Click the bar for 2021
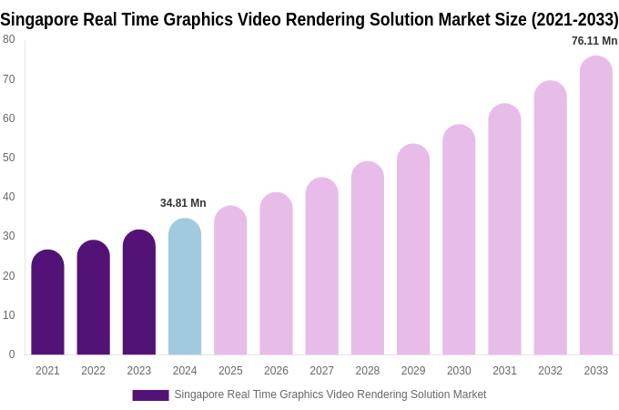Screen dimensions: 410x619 pyautogui.click(x=47, y=302)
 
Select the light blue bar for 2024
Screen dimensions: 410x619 pyautogui.click(x=185, y=287)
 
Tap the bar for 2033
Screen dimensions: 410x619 pyautogui.click(x=595, y=206)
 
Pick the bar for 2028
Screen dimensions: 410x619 pyautogui.click(x=368, y=259)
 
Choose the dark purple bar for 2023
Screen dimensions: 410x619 pyautogui.click(x=139, y=292)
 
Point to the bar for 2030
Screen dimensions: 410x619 pyautogui.click(x=459, y=241)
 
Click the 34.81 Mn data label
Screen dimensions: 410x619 pyautogui.click(x=183, y=203)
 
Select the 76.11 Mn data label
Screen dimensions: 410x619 pyautogui.click(x=594, y=41)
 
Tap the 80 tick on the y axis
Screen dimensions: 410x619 pyautogui.click(x=9, y=39)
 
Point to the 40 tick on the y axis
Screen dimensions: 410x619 pyautogui.click(x=9, y=197)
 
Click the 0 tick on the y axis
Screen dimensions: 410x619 pyautogui.click(x=12, y=354)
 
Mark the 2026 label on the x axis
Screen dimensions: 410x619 pyautogui.click(x=276, y=371)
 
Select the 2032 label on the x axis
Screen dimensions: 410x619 pyautogui.click(x=550, y=371)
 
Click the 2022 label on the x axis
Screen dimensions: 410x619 pyautogui.click(x=93, y=371)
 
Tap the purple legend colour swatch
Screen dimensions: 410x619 pyautogui.click(x=150, y=395)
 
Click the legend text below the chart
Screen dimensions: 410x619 pyautogui.click(x=330, y=395)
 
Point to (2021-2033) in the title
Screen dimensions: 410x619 pyautogui.click(x=574, y=19)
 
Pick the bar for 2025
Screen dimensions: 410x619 pyautogui.click(x=230, y=281)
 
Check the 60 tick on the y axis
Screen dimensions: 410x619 pyautogui.click(x=9, y=118)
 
